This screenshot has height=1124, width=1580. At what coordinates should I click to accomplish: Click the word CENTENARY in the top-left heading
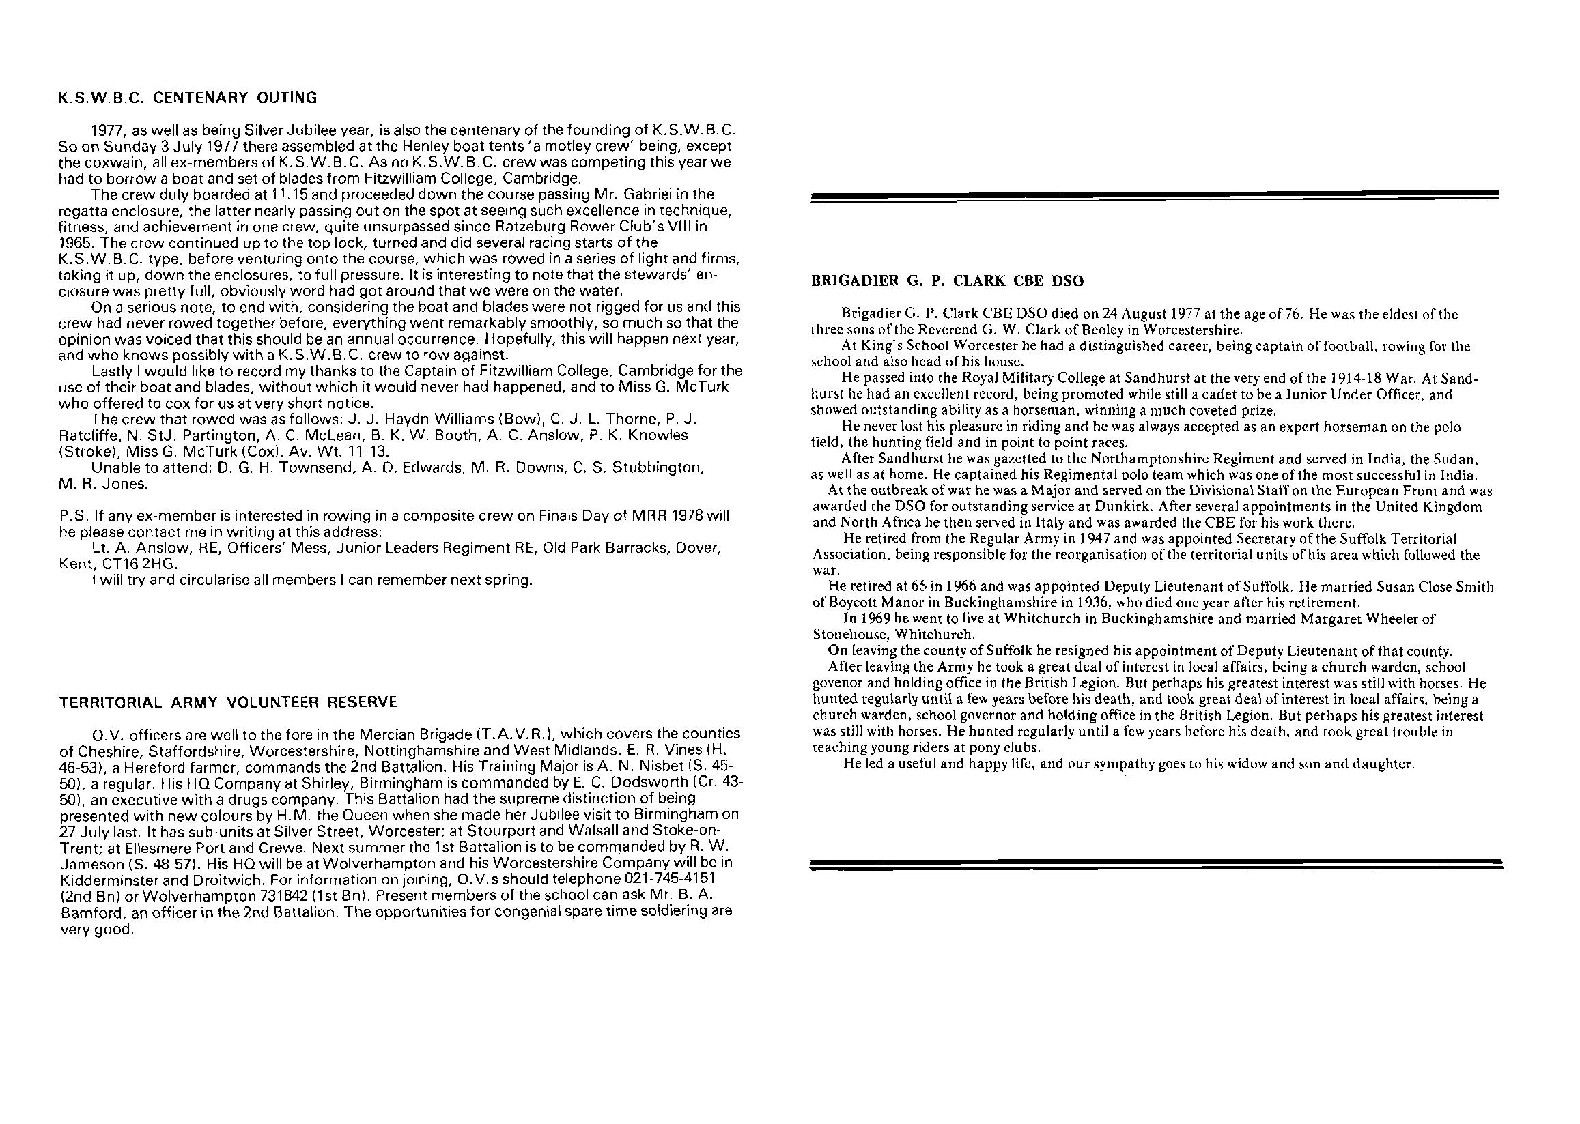200,98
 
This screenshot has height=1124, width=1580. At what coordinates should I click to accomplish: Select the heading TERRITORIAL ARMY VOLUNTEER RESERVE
229,702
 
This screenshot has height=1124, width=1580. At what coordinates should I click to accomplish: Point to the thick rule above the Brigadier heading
1154,197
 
